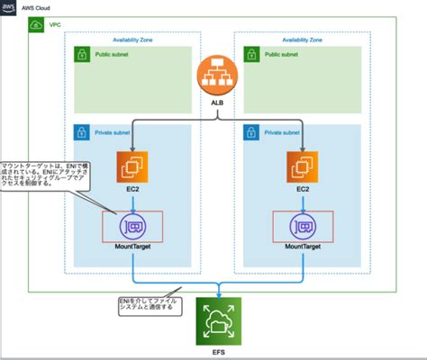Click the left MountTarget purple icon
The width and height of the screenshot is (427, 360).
132,226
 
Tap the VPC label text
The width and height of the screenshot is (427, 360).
53,26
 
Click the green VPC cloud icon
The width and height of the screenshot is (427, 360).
35,26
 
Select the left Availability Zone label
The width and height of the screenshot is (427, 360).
138,40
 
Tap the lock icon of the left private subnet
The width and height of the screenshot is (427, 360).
82,132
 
